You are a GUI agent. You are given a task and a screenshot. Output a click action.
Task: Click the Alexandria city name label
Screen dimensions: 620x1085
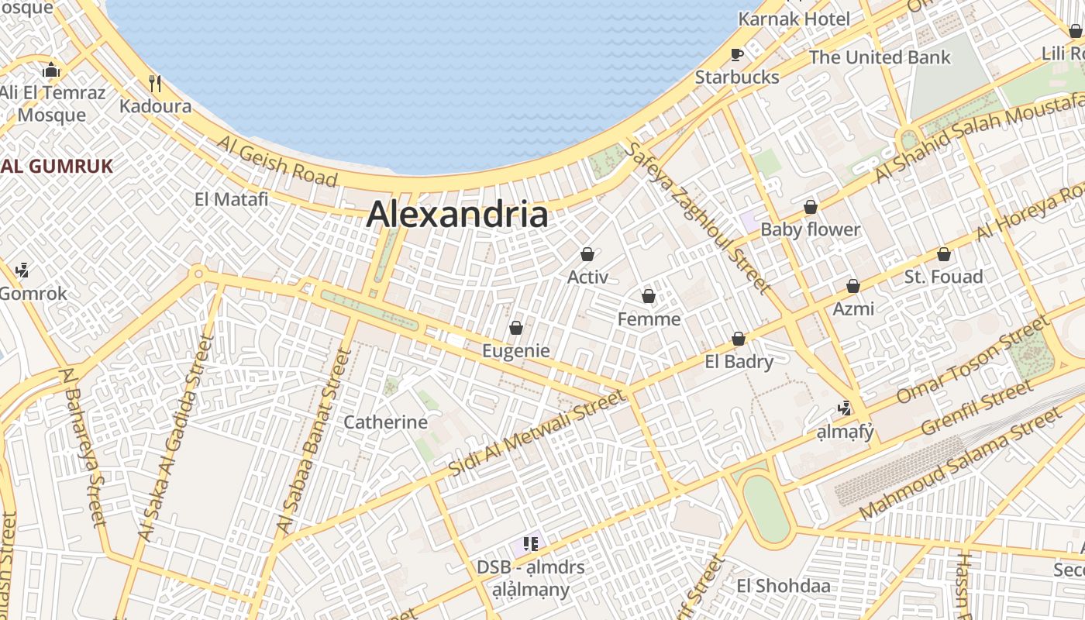click(x=457, y=215)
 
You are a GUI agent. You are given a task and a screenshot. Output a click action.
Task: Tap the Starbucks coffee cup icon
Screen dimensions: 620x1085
click(x=737, y=54)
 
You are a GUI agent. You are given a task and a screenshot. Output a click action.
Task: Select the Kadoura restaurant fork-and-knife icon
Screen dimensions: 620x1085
click(x=155, y=83)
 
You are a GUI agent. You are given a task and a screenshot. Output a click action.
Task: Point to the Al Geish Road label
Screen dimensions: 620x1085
click(x=277, y=160)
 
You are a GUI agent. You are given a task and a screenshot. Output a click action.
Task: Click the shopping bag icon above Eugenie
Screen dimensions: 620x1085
click(x=516, y=329)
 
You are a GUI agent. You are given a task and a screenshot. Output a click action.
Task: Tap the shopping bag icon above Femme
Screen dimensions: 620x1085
click(x=649, y=296)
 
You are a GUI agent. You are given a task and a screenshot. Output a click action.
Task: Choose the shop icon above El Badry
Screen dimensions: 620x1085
click(x=739, y=339)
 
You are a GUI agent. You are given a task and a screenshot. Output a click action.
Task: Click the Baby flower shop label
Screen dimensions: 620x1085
click(x=810, y=229)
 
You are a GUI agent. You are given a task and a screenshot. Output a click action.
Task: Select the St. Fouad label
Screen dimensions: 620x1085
click(x=943, y=277)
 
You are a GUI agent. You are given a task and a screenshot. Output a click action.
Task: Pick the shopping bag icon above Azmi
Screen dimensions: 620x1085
click(x=853, y=286)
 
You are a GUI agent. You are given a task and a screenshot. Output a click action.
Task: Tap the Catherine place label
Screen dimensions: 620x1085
click(x=385, y=422)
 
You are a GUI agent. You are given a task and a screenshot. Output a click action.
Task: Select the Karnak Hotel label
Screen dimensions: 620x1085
click(x=794, y=19)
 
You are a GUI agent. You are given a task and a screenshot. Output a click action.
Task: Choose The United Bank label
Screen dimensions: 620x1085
click(x=879, y=57)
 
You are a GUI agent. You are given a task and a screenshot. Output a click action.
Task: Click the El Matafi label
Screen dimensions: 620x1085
click(x=231, y=199)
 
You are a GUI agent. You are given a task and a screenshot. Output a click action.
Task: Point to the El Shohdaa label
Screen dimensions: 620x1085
click(x=784, y=586)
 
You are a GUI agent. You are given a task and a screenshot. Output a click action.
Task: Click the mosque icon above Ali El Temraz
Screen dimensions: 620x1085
click(x=52, y=71)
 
